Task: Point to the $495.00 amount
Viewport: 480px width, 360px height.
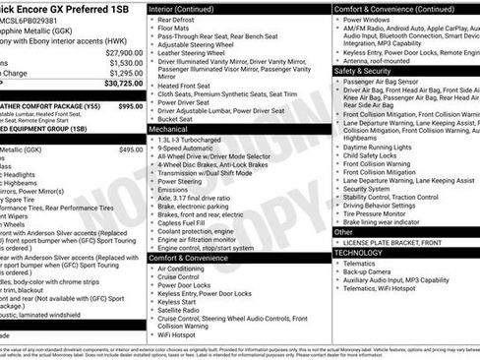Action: [131, 150]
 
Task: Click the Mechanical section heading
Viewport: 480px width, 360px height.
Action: [169, 129]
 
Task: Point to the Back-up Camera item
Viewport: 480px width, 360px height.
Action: [374, 271]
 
